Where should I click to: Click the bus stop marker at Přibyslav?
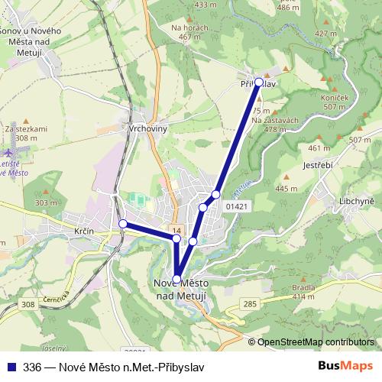click(x=258, y=82)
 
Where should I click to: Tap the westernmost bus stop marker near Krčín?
click(x=122, y=223)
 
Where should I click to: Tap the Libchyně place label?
click(x=356, y=200)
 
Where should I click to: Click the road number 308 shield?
click(x=28, y=305)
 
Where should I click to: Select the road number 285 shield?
click(x=250, y=304)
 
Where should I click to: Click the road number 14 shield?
click(x=176, y=230)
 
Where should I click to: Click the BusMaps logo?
click(x=345, y=365)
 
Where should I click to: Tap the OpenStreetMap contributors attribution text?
click(x=315, y=342)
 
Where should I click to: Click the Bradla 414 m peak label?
click(x=303, y=292)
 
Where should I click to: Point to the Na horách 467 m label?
click(x=190, y=31)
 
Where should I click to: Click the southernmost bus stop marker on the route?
click(x=177, y=279)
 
